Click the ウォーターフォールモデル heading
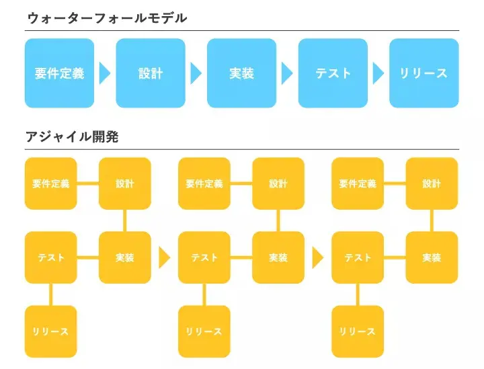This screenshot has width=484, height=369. [x=107, y=18]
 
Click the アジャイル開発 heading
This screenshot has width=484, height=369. [x=72, y=137]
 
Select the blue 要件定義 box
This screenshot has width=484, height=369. [x=59, y=73]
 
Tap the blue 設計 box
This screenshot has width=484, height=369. [x=151, y=73]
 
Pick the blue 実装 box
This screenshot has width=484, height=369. [x=241, y=73]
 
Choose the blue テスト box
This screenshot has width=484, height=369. [x=333, y=73]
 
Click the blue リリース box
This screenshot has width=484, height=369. [x=424, y=73]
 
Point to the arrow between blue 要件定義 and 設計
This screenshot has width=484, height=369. [x=104, y=73]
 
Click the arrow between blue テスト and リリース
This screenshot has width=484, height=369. [x=378, y=73]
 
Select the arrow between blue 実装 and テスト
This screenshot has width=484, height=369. [x=287, y=73]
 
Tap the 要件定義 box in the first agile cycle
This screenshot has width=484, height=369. [x=51, y=183]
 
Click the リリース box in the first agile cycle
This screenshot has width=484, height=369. [x=51, y=331]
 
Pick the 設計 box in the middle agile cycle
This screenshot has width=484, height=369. [x=278, y=183]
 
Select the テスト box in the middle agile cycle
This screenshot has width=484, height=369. [x=204, y=257]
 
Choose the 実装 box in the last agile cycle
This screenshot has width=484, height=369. [x=432, y=257]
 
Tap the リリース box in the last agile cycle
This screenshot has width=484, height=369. [x=358, y=331]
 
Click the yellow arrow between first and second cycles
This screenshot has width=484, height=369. [x=164, y=257]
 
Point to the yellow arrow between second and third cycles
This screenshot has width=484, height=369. [x=317, y=257]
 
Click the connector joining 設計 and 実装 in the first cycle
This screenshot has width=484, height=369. [x=125, y=220]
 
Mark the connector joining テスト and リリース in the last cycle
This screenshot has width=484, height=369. [x=358, y=294]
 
